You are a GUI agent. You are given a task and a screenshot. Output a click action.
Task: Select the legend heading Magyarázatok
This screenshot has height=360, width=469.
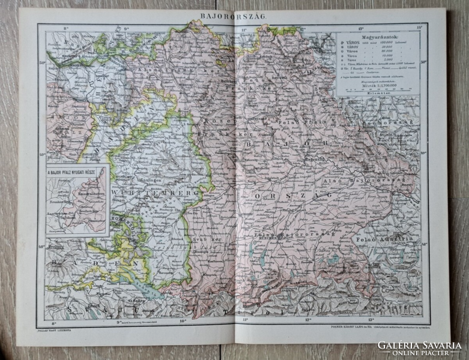tap(377, 35)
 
